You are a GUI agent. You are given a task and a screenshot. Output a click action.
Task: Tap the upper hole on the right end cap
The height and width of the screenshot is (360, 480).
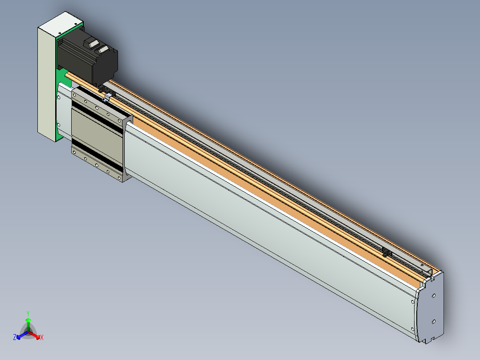pos(434,296)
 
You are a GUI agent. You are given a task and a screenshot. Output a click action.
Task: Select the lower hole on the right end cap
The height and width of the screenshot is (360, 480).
pos(434,322)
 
